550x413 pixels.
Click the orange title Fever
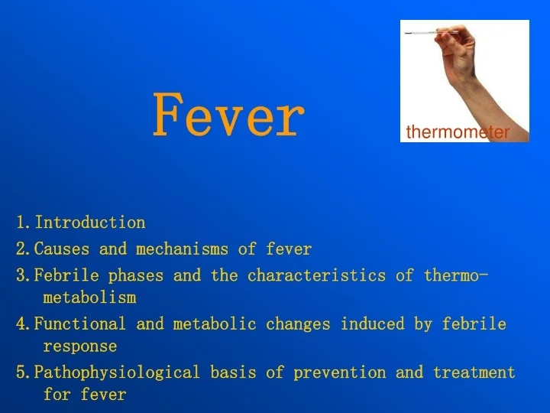coord(228,116)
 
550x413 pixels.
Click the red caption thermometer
coord(457,132)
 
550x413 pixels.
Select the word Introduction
coord(90,223)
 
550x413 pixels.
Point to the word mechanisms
coord(183,249)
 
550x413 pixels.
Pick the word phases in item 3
coord(136,275)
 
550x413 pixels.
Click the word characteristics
coord(316,275)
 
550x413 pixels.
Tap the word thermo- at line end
coord(457,275)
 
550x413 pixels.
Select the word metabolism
coord(89,297)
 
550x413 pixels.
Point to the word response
coord(80,346)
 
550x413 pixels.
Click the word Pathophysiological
coord(118,372)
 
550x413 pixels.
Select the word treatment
coord(474,372)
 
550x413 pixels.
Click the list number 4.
coord(21,324)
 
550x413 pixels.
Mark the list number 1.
coord(21,223)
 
